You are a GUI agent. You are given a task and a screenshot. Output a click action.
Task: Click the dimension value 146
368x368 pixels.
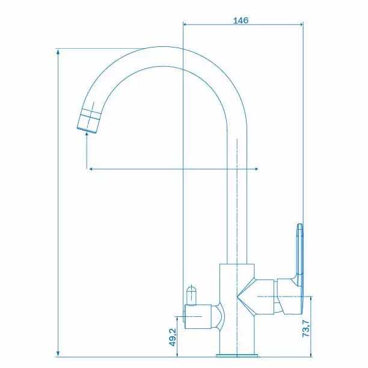click(x=241, y=20)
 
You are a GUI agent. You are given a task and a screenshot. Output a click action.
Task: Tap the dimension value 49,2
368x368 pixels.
click(x=173, y=337)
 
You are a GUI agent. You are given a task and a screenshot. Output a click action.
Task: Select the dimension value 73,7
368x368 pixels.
click(x=306, y=328)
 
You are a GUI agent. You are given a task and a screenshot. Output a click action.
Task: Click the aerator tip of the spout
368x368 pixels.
click(x=88, y=121)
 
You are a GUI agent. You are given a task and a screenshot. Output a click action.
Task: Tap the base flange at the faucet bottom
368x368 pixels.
click(x=237, y=355)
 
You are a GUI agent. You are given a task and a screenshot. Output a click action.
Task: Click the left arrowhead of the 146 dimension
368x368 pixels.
click(x=185, y=24)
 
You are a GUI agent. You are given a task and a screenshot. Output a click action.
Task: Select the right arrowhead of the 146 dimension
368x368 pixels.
click(x=301, y=24)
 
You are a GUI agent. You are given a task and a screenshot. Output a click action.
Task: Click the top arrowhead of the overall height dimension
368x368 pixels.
click(x=58, y=51)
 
